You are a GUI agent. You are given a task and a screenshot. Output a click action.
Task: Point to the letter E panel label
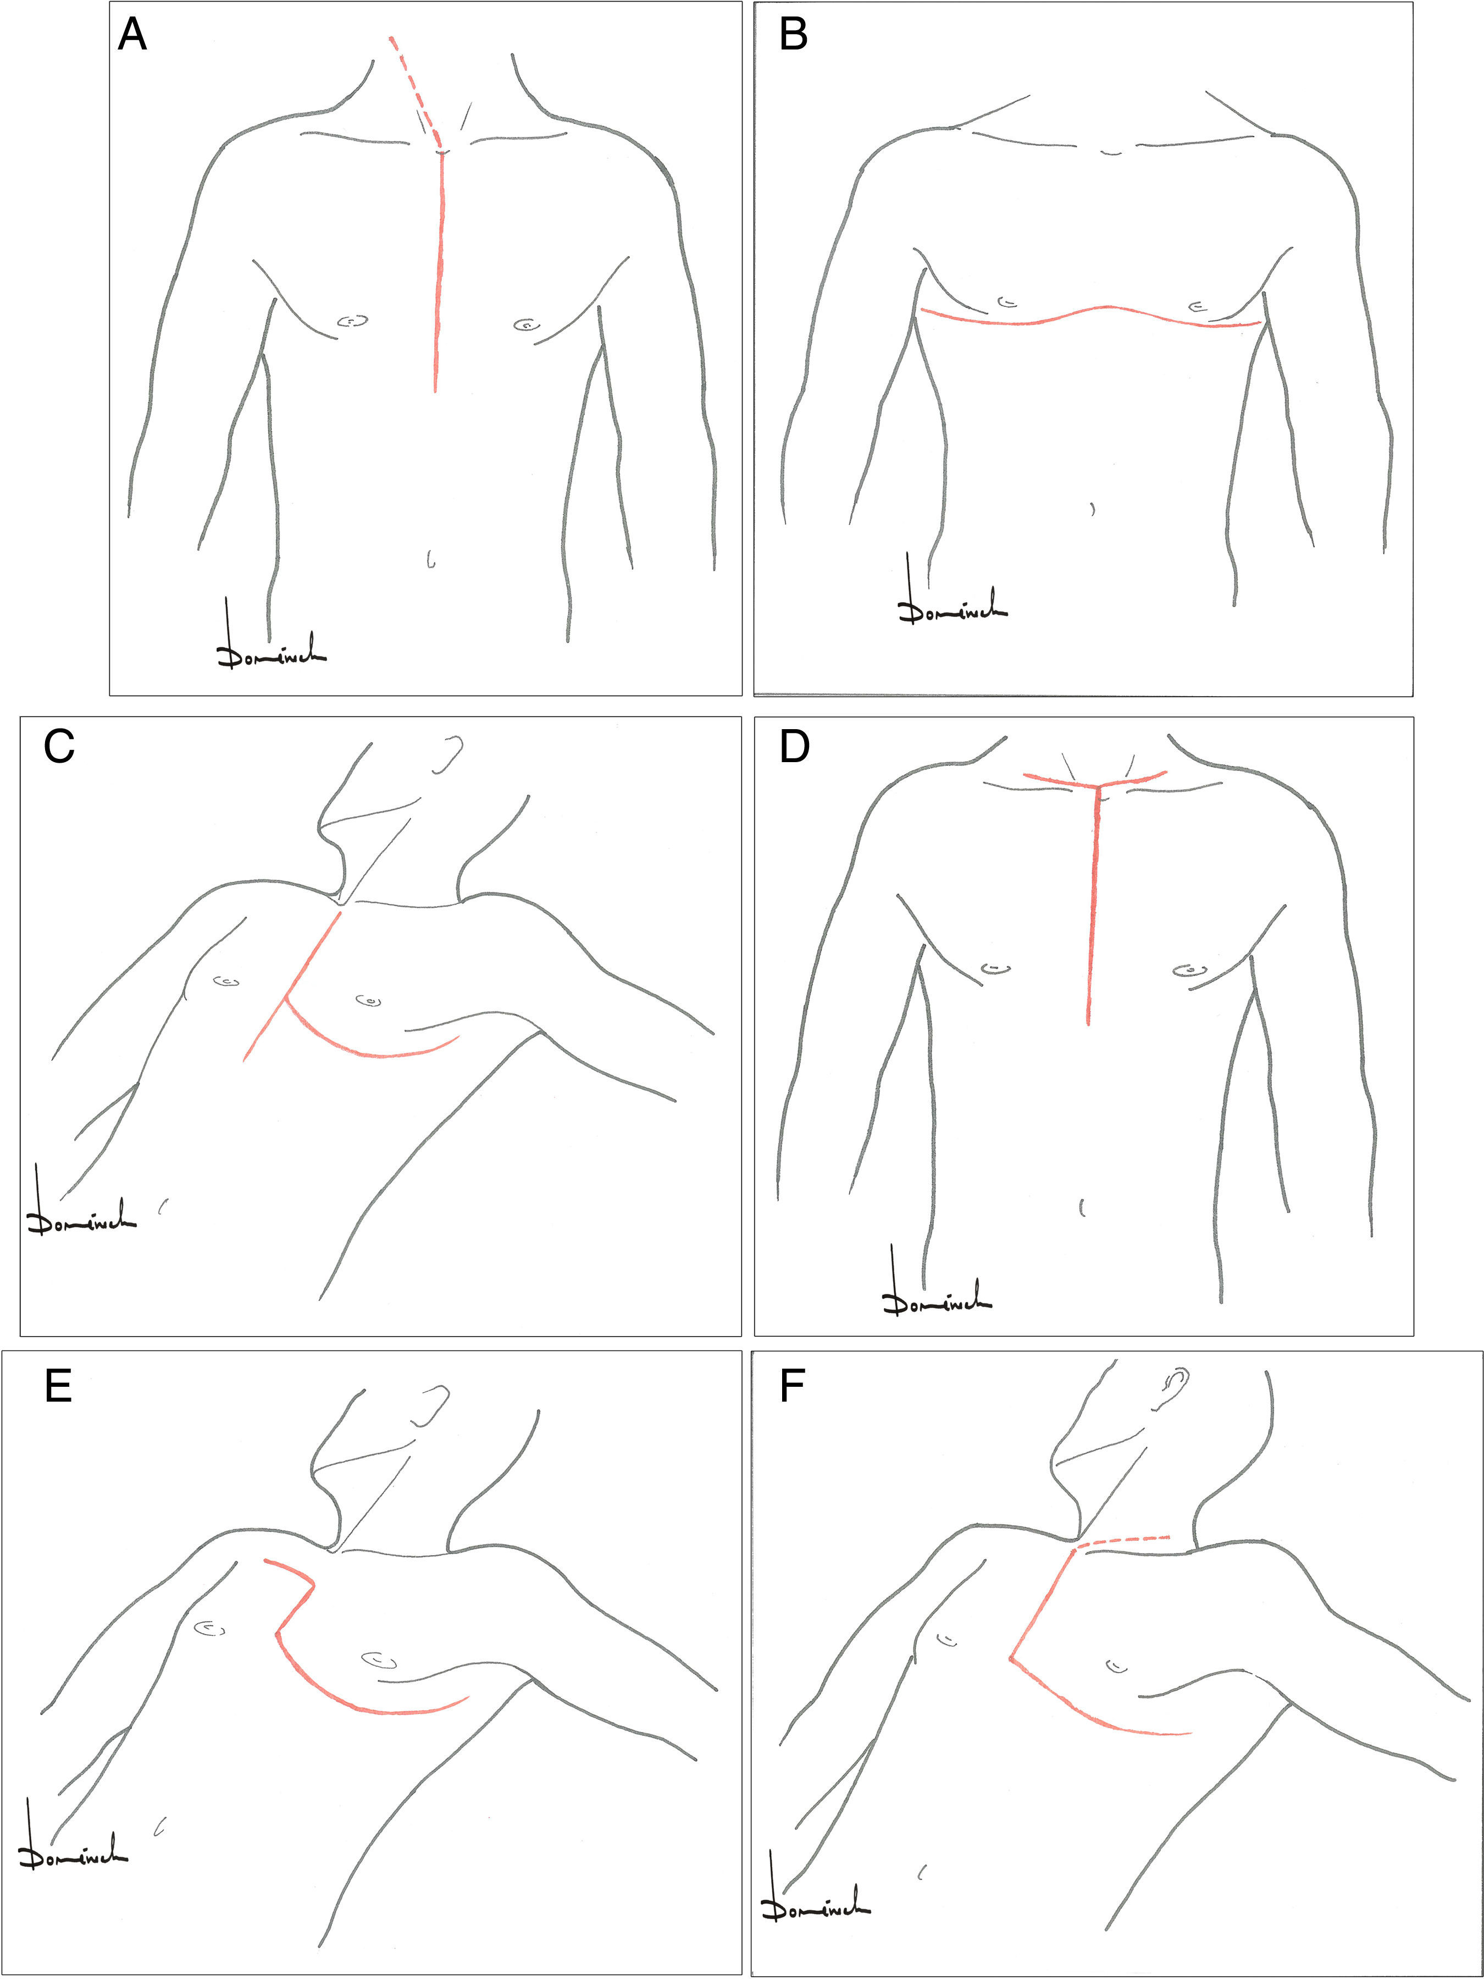point(58,1390)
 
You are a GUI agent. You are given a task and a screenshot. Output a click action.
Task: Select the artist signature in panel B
point(950,601)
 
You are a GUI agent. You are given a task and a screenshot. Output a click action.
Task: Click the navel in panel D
point(1082,1207)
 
